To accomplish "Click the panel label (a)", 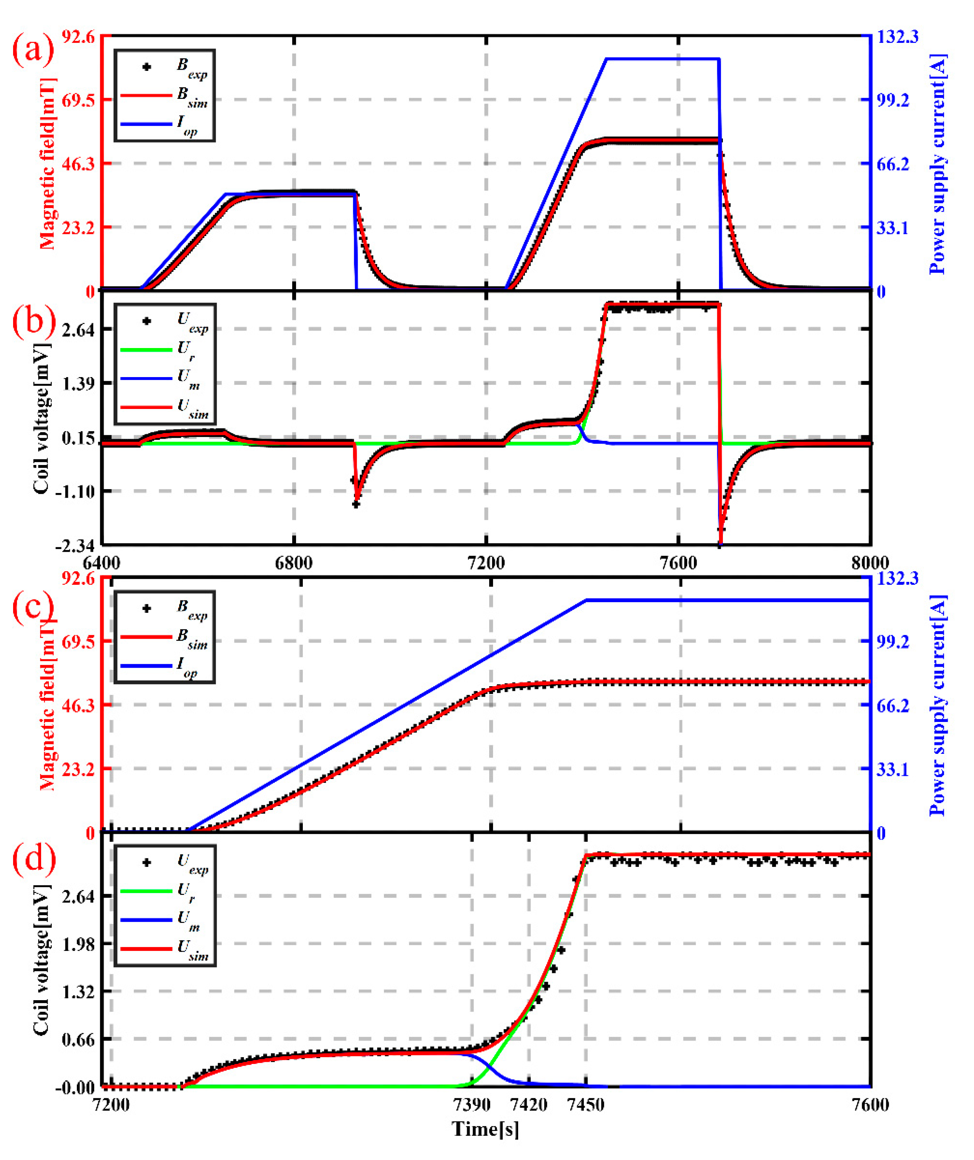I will tap(33, 50).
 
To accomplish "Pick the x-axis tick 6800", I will tap(293, 563).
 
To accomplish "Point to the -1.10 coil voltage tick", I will tap(74, 491).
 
